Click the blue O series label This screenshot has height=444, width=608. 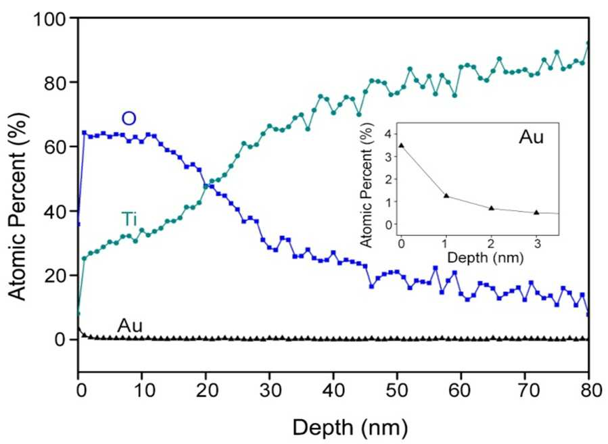tap(128, 118)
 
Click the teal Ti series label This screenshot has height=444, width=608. tap(129, 219)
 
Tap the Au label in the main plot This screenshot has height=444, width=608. tap(130, 326)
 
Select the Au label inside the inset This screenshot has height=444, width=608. tap(531, 137)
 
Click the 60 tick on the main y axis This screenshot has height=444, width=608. tap(60, 147)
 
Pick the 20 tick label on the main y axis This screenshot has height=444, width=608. tap(60, 276)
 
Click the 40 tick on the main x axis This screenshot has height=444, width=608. tap(333, 391)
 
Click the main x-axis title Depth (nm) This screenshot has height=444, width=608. tap(350, 428)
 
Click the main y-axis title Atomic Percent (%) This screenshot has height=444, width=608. tap(18, 206)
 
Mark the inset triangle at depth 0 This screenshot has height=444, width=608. tap(401, 145)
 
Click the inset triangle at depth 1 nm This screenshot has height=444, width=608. tap(446, 196)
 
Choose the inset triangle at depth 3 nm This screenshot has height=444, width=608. tap(536, 212)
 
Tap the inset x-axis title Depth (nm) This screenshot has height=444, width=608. tap(486, 257)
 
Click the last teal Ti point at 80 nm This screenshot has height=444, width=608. tap(588, 43)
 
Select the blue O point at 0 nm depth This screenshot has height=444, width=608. tap(78, 224)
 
